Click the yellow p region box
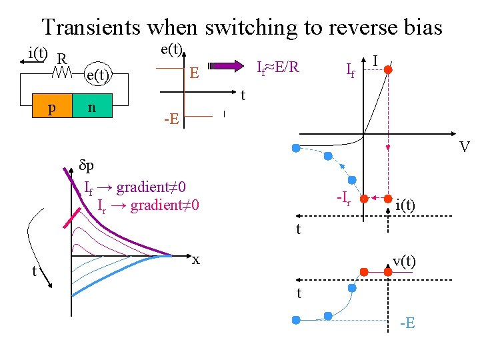point(52,107)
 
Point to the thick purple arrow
point(227,66)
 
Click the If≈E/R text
point(278,67)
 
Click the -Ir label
point(345,197)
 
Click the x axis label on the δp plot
point(196,259)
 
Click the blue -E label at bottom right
point(407,323)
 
